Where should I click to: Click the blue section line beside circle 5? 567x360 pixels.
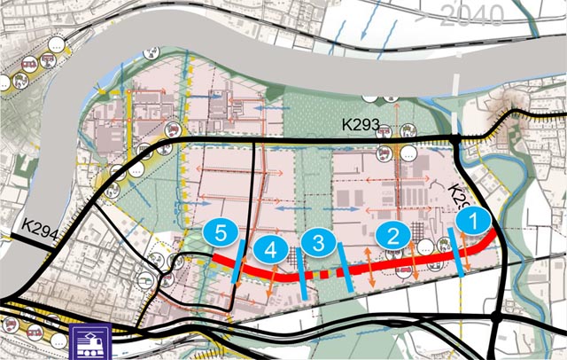(x=235, y=263)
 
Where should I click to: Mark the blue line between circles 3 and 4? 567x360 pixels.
(x=300, y=277)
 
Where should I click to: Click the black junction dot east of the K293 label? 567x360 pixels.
(x=454, y=138)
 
